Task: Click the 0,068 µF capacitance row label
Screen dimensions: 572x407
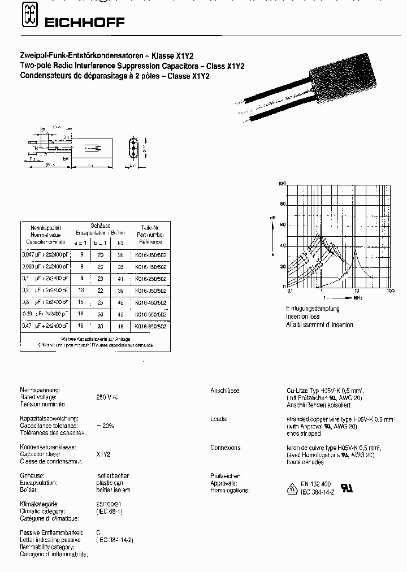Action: [x=45, y=266]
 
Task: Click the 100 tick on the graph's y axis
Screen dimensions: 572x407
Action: [x=283, y=184]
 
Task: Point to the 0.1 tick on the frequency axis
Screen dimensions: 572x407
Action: [x=290, y=291]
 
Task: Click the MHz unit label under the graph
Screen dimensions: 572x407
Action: [x=357, y=297]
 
